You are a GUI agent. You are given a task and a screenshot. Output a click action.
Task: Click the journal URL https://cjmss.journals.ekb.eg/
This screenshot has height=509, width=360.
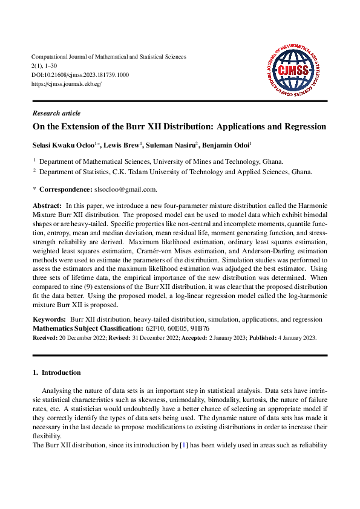pos(66,83)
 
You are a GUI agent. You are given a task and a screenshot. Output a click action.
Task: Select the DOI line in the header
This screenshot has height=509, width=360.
pos(80,74)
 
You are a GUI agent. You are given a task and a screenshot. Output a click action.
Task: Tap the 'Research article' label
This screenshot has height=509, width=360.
pos(56,113)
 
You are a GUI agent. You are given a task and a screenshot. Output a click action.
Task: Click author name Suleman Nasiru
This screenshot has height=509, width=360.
pos(173,146)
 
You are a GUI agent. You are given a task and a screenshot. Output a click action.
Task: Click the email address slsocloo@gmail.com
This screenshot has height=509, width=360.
pos(129,189)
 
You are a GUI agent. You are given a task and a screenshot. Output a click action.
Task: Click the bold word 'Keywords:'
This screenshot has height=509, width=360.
pos(49,319)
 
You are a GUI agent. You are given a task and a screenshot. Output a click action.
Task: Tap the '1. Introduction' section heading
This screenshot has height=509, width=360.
pos(56,372)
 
